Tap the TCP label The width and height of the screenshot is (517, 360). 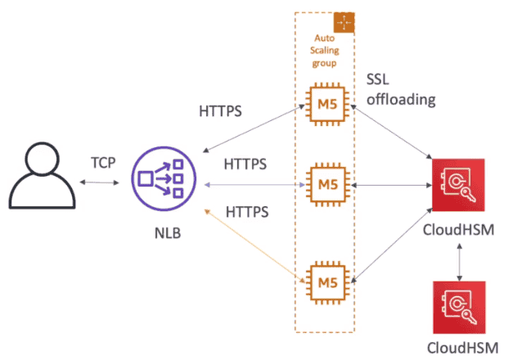(x=103, y=161)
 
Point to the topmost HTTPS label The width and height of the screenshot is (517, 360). (x=221, y=112)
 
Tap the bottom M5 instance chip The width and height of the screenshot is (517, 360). (x=325, y=283)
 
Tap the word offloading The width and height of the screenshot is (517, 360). (x=402, y=100)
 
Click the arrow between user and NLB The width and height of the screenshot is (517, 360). (x=103, y=182)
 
